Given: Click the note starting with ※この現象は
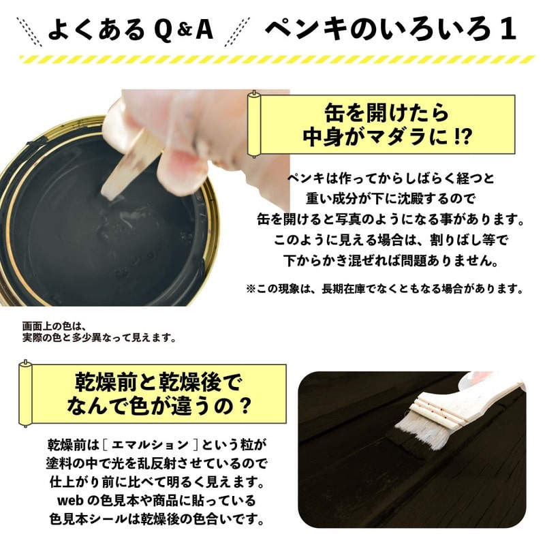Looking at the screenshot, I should point(384,289).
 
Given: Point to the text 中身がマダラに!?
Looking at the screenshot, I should point(386,134).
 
